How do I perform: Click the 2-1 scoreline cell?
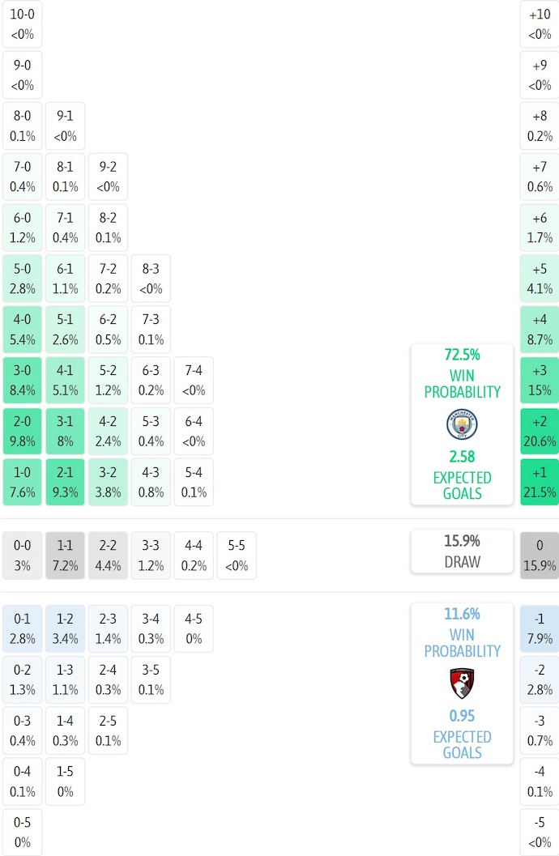point(65,483)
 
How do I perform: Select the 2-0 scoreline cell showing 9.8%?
point(22,432)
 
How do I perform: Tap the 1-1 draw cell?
point(65,556)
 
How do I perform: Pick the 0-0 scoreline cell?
point(22,556)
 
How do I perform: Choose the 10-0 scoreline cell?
point(22,24)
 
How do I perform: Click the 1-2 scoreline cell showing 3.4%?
point(65,628)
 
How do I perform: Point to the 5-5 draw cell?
point(236,556)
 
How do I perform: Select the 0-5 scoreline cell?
point(22,833)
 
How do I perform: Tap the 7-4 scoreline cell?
point(194,381)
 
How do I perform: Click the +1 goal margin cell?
point(540,483)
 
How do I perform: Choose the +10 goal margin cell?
point(540,24)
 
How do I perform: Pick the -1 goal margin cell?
point(540,628)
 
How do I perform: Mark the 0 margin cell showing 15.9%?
point(540,556)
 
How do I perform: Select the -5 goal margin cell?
point(540,833)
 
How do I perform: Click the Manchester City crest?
point(462,424)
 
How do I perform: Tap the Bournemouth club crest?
point(462,684)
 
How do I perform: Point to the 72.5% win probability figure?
point(462,355)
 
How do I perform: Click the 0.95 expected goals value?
point(462,716)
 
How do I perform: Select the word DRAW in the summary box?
point(462,561)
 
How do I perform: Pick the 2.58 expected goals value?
point(462,457)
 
